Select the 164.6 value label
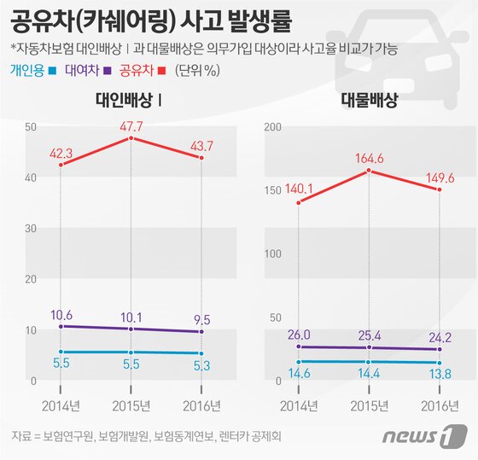368,158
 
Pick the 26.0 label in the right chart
299,335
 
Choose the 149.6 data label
439,177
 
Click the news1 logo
416,438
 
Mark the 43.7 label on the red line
201,145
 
